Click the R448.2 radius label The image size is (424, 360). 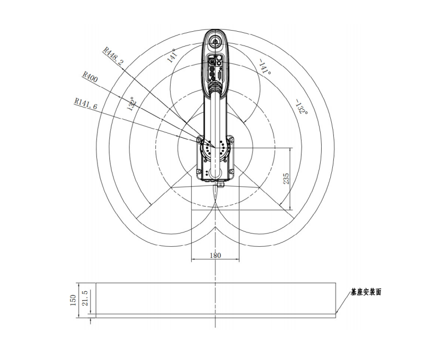[113, 55]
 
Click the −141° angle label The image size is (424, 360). [264, 67]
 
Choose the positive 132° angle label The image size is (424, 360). [131, 104]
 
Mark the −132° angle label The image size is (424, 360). [300, 107]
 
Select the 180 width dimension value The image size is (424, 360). [215, 255]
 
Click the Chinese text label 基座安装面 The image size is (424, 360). [366, 292]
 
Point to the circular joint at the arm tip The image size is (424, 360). [215, 40]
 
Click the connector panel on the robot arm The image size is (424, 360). [215, 69]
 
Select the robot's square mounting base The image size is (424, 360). [215, 159]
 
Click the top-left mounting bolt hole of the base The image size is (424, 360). [200, 140]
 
